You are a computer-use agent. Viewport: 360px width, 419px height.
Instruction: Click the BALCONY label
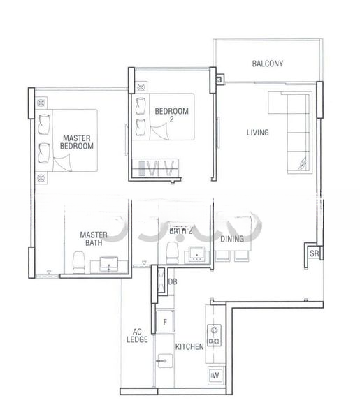267,64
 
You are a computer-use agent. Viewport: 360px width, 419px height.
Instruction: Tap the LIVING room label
257,132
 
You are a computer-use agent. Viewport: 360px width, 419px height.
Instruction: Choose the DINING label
232,240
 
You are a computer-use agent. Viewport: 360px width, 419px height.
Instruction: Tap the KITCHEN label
189,346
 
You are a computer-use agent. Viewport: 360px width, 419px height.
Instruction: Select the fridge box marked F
164,323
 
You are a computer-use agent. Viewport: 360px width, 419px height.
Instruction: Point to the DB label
172,281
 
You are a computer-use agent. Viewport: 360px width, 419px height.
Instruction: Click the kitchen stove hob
213,336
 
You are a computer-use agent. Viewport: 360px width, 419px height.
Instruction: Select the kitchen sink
165,361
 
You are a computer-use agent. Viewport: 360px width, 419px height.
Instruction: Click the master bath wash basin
110,264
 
